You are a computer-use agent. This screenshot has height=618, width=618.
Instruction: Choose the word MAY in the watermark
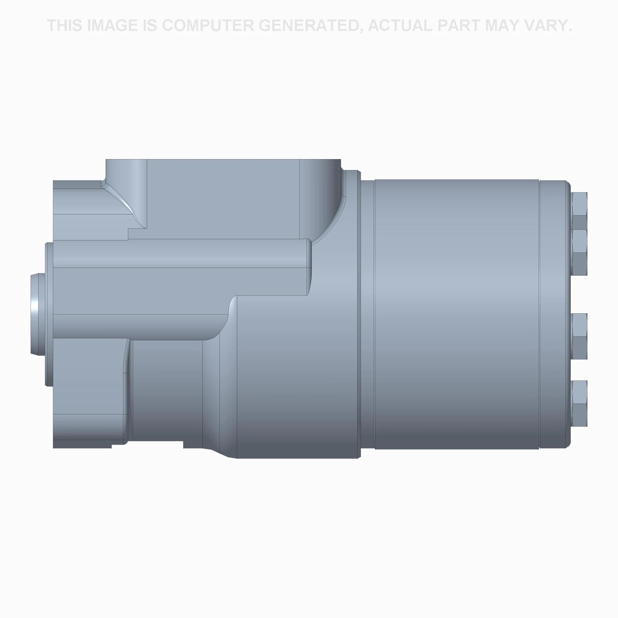click(503, 26)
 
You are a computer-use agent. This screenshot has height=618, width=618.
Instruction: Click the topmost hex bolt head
click(579, 211)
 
